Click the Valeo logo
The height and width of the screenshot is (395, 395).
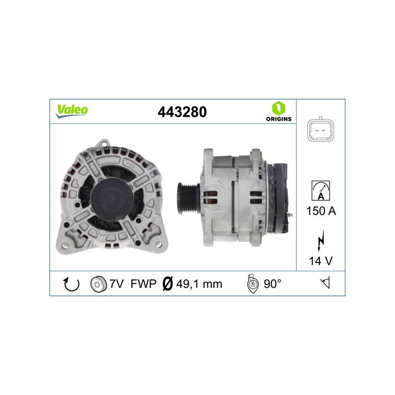[x=72, y=111]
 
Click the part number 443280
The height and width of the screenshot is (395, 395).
[x=182, y=112]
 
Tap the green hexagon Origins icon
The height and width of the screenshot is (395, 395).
[x=278, y=108]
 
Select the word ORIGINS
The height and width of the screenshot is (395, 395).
[x=278, y=119]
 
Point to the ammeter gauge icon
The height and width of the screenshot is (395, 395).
[x=320, y=191]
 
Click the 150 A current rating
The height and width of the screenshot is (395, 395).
[x=321, y=211]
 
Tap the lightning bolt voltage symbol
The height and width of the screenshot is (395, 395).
[x=320, y=240]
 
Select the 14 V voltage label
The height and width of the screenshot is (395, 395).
[x=320, y=261]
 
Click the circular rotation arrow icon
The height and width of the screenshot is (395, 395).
[x=71, y=284]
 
